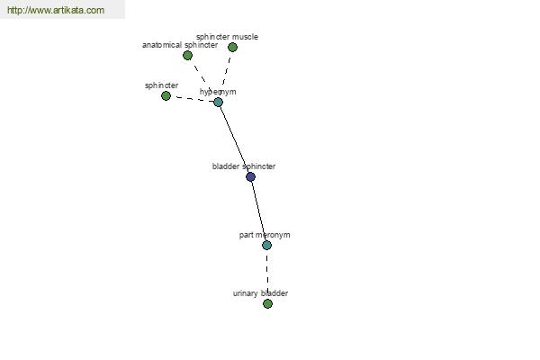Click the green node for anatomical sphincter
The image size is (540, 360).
[187, 55]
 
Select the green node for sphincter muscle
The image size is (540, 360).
[232, 47]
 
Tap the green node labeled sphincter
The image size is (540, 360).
[166, 95]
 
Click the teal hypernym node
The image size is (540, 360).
[219, 102]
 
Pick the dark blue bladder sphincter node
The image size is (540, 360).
[251, 176]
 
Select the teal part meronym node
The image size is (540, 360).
[267, 246]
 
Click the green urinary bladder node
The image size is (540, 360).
[267, 303]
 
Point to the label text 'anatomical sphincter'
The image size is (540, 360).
[180, 45]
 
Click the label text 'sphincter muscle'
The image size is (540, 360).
[227, 37]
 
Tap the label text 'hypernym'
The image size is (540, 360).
[218, 92]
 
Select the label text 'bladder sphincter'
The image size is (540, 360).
[244, 166]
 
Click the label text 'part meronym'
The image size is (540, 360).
[265, 235]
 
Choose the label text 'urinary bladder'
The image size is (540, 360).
[260, 293]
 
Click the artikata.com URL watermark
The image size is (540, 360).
[56, 10]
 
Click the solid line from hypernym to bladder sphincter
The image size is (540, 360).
[235, 139]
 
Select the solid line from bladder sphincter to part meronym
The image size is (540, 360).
[258, 211]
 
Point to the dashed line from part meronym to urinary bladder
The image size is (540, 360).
[267, 274]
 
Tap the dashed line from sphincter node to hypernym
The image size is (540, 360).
[193, 99]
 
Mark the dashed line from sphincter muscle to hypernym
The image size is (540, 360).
[226, 75]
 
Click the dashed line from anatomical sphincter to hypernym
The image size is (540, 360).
[202, 78]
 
